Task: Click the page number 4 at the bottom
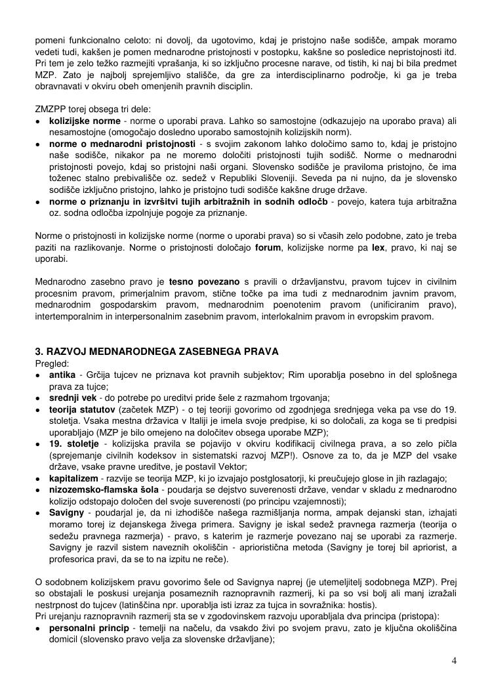point(454,661)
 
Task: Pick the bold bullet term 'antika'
point(63,375)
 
